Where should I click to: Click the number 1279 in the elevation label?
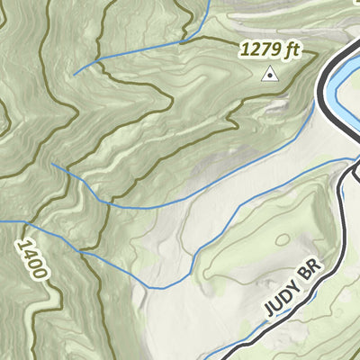click(x=259, y=49)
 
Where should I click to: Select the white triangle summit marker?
click(x=267, y=76)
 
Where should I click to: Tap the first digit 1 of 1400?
click(x=24, y=243)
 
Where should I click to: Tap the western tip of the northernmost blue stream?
click(x=74, y=73)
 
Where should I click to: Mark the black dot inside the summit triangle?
click(x=267, y=78)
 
